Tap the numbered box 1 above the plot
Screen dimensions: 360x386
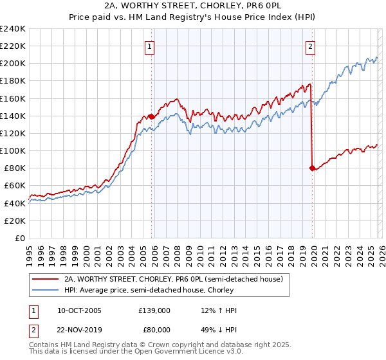pos(149,46)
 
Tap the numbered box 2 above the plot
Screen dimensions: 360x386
pos(310,46)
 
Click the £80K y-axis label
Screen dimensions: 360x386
pos(15,168)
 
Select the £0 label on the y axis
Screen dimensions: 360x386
pos(19,238)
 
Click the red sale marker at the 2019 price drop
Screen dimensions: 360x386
pos(313,168)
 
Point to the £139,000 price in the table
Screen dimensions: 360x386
pos(154,310)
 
